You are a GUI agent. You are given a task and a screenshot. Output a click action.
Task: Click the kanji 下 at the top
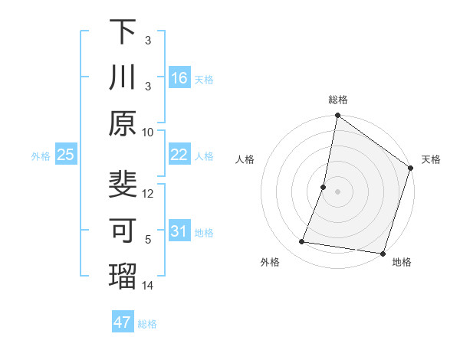[123, 32]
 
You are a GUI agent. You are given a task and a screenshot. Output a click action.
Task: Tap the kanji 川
[123, 77]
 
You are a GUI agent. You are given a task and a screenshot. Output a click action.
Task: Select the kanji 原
[123, 123]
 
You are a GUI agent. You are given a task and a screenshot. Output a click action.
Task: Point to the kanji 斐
[123, 185]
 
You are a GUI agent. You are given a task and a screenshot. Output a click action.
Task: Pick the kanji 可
[123, 230]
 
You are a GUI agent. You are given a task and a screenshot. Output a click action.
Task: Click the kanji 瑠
[123, 276]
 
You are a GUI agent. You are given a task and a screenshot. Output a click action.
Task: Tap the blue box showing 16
[179, 78]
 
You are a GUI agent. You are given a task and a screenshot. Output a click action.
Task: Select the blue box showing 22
[179, 155]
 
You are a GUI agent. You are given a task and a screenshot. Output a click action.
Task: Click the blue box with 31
[179, 232]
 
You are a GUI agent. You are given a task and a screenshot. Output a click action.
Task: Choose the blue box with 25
[66, 155]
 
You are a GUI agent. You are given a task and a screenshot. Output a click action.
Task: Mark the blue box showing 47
[123, 322]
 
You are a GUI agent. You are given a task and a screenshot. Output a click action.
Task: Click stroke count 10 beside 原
[148, 132]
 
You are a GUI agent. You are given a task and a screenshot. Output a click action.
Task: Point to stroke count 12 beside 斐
[148, 193]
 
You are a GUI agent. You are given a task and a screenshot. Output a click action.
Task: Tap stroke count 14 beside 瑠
[148, 285]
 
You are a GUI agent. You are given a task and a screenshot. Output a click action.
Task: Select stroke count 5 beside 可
[148, 239]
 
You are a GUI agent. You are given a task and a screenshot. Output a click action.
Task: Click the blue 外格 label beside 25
[41, 156]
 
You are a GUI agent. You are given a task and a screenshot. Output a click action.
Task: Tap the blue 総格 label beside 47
[147, 324]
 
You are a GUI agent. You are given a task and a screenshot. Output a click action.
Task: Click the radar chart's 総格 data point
[337, 116]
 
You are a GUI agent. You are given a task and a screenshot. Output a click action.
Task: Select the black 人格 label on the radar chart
[245, 159]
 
